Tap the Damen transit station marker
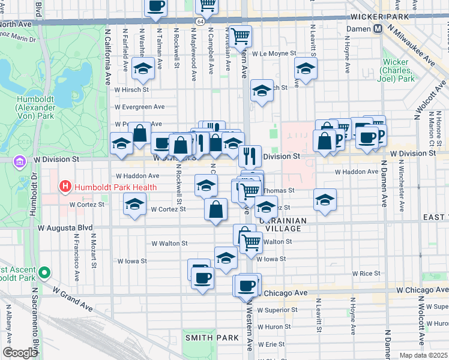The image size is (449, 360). tap(378, 29)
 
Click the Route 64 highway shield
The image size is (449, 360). tap(199, 21)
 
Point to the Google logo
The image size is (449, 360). tap(20, 353)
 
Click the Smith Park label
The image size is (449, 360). tap(212, 338)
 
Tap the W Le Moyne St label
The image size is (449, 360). tap(274, 53)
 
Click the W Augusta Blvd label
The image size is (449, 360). tap(65, 228)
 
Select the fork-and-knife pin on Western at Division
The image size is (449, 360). tap(250, 155)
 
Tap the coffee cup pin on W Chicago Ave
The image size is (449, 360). tap(246, 285)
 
